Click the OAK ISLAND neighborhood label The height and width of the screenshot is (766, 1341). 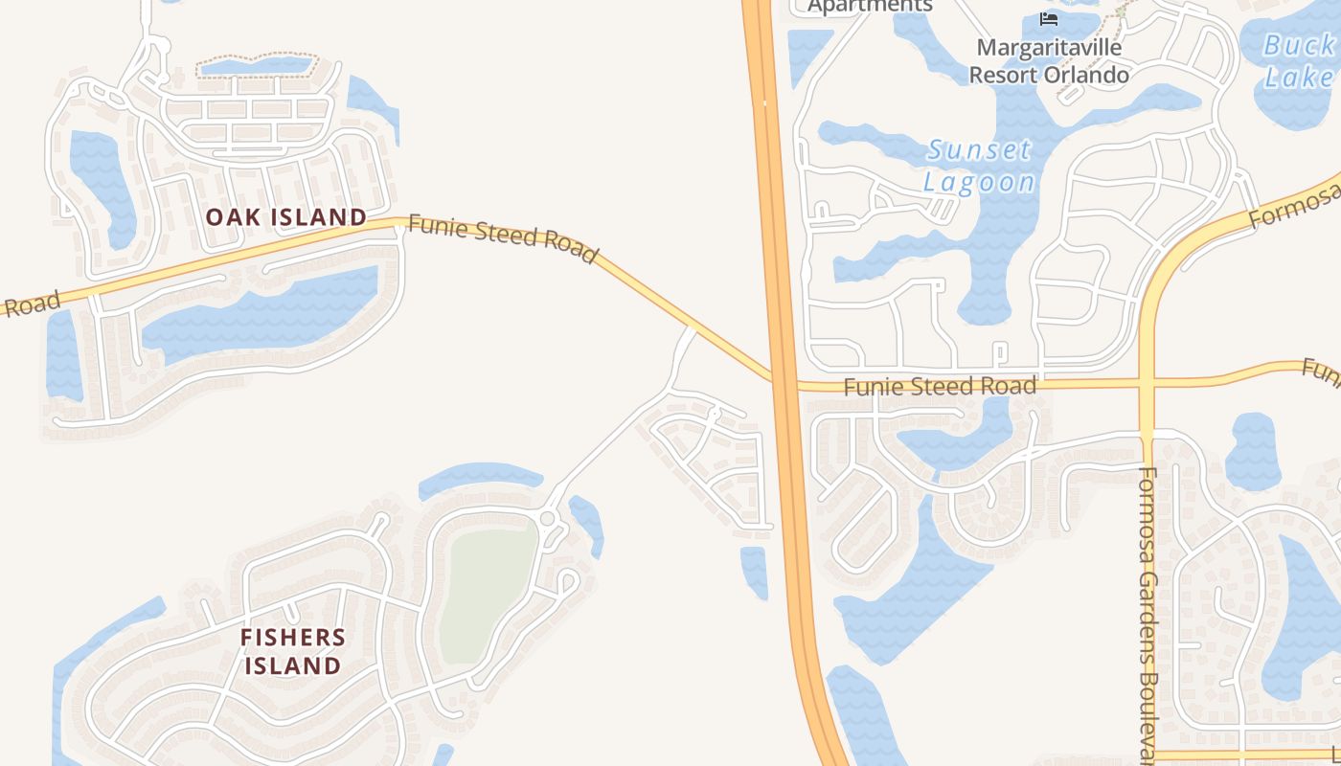(286, 217)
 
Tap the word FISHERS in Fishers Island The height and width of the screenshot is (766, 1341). (292, 638)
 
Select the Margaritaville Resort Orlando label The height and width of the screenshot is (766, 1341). (1049, 60)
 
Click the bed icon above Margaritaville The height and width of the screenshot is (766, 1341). (1049, 18)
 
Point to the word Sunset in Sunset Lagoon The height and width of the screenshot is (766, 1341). (979, 150)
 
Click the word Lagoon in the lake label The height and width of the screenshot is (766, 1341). (979, 182)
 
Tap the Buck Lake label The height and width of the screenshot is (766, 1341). (1299, 59)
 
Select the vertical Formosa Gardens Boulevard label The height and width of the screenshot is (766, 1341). (1149, 613)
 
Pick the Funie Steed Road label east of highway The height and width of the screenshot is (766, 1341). (940, 387)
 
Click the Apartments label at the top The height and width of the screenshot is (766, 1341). (870, 7)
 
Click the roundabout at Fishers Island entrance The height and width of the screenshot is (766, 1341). (548, 519)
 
